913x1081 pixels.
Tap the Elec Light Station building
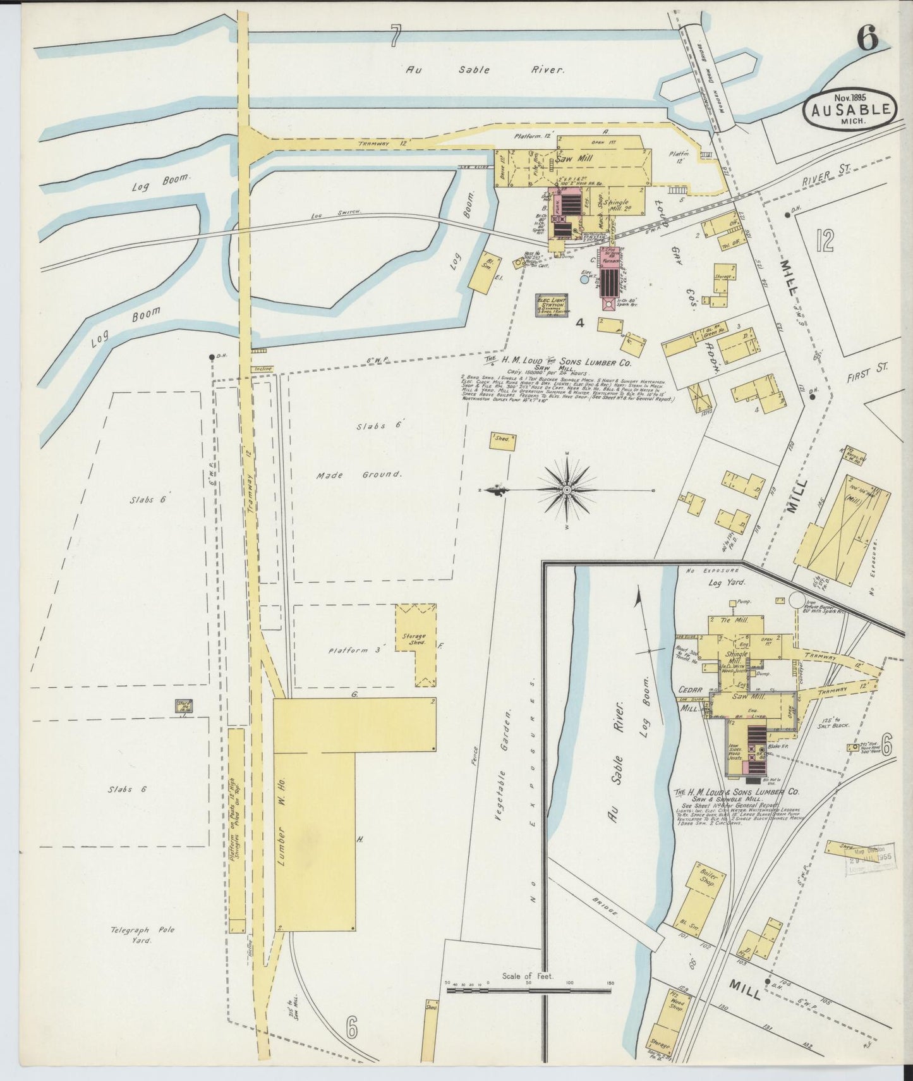click(550, 305)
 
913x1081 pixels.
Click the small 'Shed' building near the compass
click(502, 441)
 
